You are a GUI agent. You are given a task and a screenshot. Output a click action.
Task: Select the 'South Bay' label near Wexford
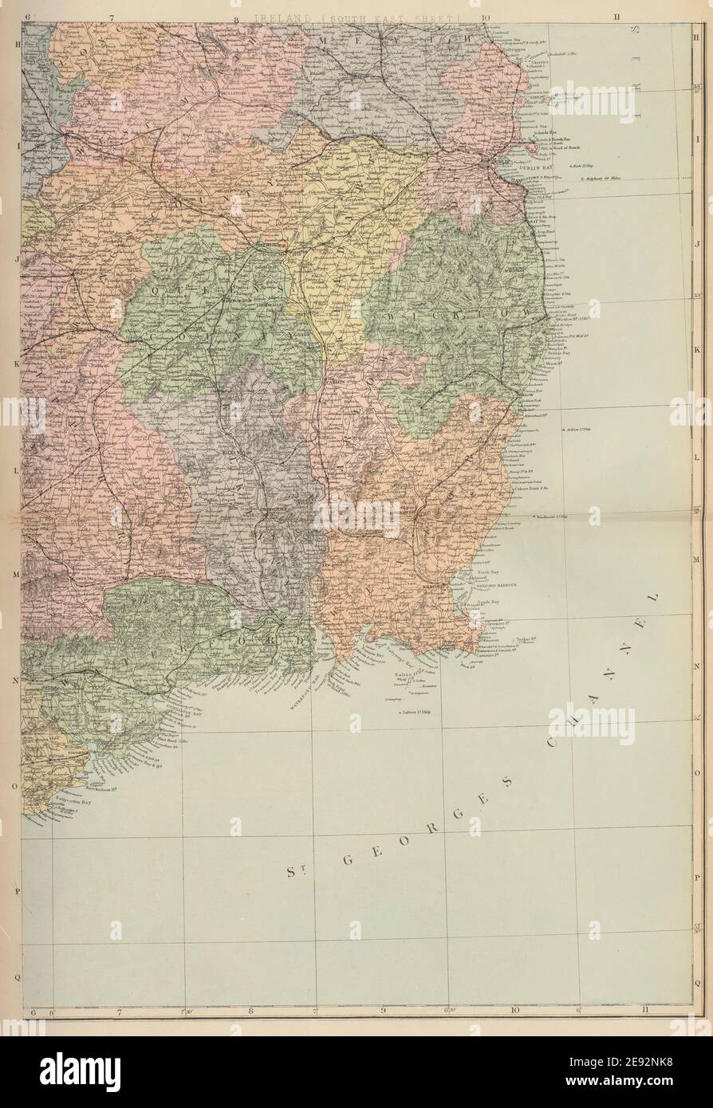[488, 602]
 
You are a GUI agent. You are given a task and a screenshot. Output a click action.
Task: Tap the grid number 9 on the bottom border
[384, 1011]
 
